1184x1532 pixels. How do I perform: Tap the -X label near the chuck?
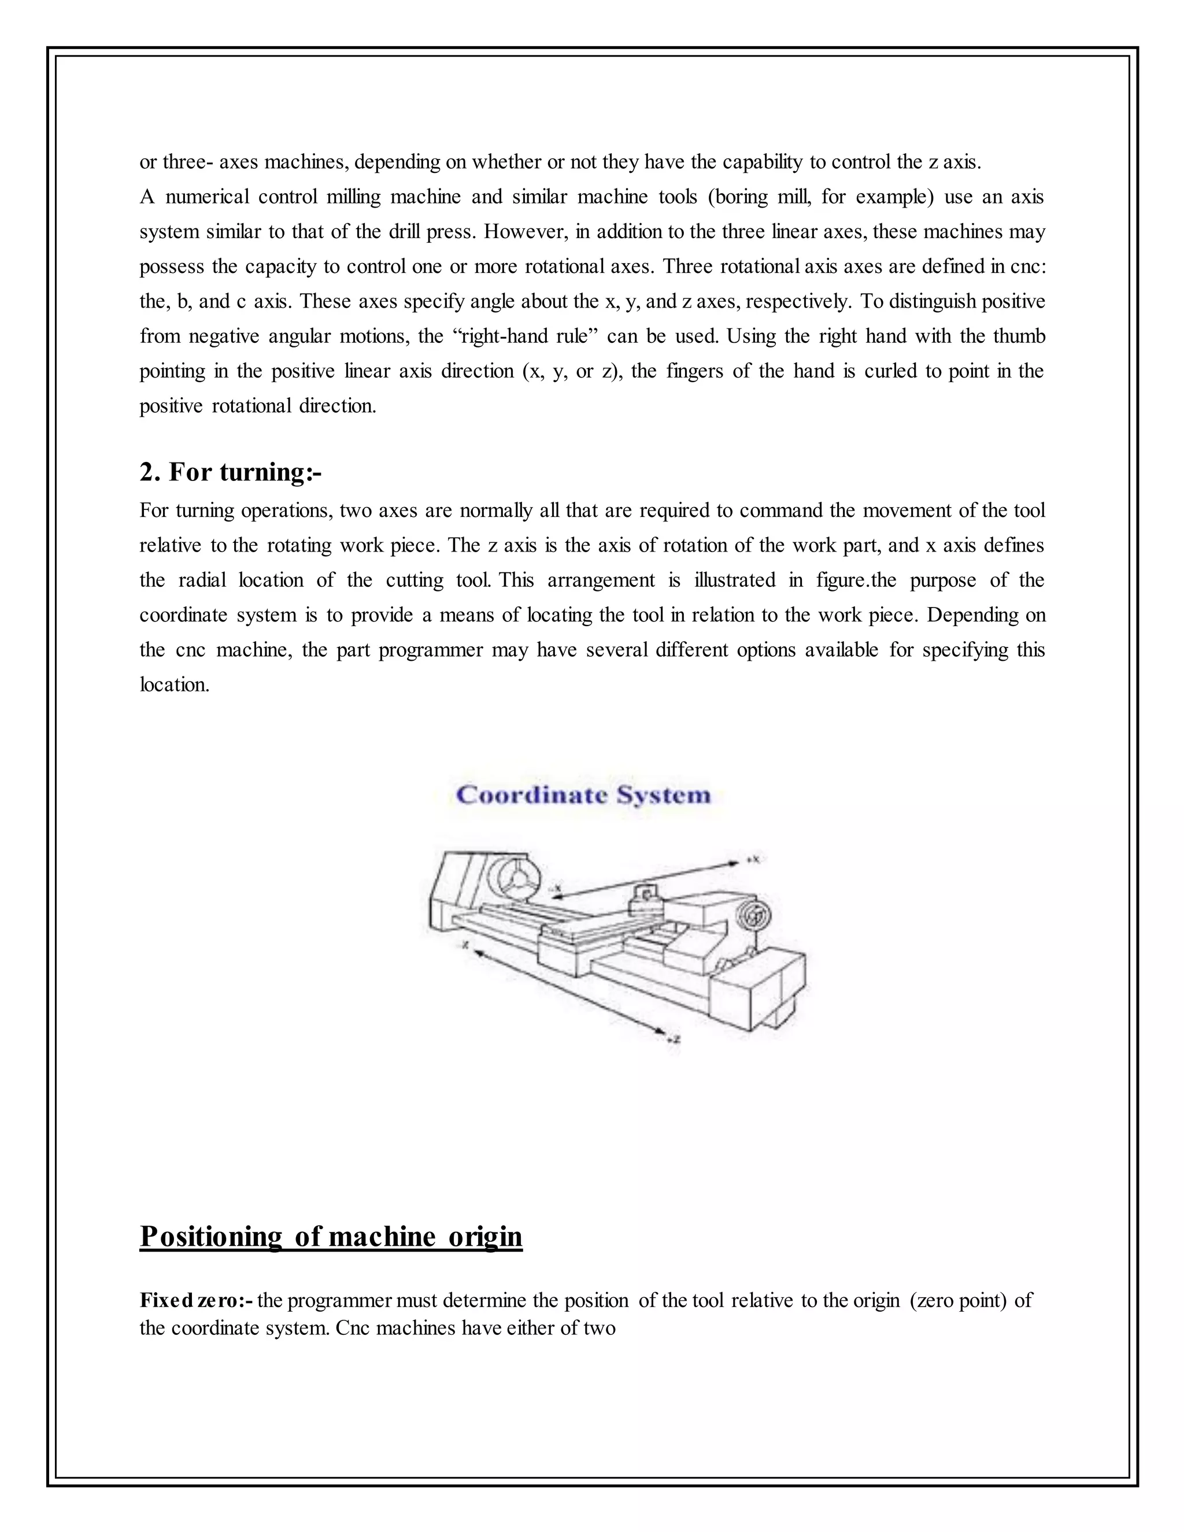click(x=556, y=888)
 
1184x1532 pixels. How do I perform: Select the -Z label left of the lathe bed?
click(x=464, y=946)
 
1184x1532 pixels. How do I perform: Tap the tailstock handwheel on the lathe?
click(x=756, y=915)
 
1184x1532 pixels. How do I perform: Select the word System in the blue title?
click(x=663, y=795)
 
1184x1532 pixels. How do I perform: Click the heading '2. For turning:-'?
click(x=230, y=472)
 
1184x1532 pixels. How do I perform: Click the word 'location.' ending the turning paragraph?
click(x=175, y=684)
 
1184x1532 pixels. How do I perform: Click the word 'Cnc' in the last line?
click(x=353, y=1328)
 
